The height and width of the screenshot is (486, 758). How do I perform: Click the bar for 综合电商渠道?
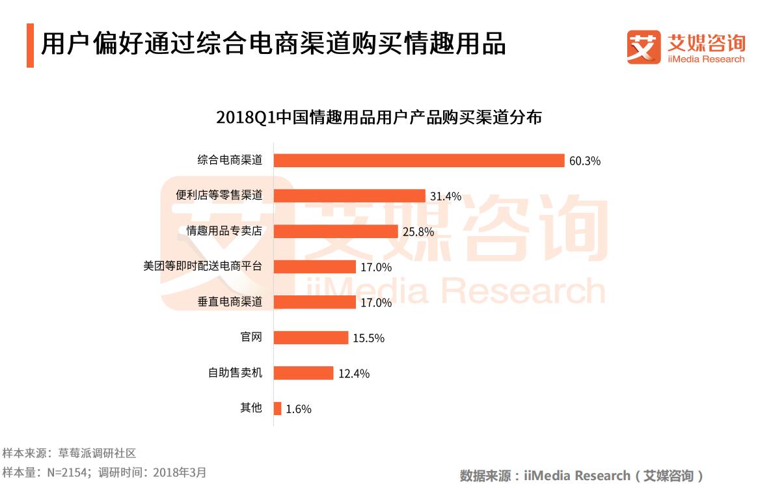[418, 160]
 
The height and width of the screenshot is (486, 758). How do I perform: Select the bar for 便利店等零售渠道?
[349, 196]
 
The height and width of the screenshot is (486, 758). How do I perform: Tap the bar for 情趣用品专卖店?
[335, 231]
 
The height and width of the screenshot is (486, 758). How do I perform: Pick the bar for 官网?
[310, 338]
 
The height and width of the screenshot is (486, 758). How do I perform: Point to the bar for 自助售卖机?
[303, 373]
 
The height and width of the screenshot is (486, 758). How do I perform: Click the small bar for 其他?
[277, 409]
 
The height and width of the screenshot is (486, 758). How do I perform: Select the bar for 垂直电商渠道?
[314, 302]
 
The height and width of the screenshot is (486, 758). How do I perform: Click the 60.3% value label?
[584, 161]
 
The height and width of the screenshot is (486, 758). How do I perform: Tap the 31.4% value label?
[446, 196]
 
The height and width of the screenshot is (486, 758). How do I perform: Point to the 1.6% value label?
[299, 409]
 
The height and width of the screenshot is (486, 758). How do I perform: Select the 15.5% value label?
[369, 338]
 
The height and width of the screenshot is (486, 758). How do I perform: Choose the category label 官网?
[251, 337]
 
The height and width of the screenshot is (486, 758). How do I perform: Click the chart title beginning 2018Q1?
[379, 118]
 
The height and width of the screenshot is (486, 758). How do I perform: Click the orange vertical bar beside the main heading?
[30, 46]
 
